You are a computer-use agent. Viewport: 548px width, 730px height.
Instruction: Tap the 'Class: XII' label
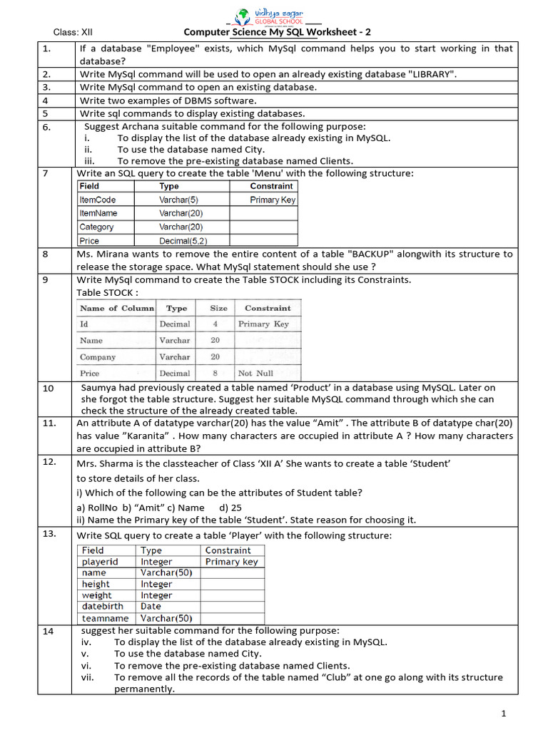pyautogui.click(x=73, y=32)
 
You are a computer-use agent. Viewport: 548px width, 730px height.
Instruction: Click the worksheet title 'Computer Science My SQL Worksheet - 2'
pyautogui.click(x=277, y=32)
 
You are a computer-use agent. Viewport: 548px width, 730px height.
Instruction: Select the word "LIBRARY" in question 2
pyautogui.click(x=431, y=74)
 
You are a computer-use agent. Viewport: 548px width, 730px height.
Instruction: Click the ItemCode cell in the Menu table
pyautogui.click(x=98, y=200)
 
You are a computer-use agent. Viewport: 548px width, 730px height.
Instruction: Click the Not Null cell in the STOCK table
pyautogui.click(x=255, y=373)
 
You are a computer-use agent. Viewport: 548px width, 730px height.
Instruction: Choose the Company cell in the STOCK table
pyautogui.click(x=98, y=356)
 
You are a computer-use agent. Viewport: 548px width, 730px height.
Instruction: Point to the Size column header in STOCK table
pyautogui.click(x=219, y=308)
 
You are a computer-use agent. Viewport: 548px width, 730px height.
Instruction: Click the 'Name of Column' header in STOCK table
pyautogui.click(x=116, y=308)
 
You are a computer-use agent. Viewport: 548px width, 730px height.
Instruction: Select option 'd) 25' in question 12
pyautogui.click(x=231, y=508)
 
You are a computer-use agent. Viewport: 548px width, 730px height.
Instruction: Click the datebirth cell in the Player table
pyautogui.click(x=101, y=607)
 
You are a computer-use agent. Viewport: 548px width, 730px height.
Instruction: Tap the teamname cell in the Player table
pyautogui.click(x=105, y=618)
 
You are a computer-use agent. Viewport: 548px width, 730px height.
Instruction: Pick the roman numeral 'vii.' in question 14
pyautogui.click(x=88, y=677)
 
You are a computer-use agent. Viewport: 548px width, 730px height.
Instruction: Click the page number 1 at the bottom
pyautogui.click(x=503, y=714)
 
